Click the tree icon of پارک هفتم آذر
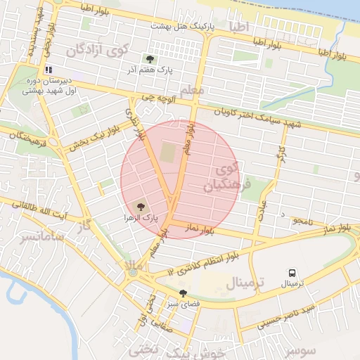(x=149, y=58)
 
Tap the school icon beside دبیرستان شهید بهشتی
(x=49, y=70)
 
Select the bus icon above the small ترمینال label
(x=291, y=273)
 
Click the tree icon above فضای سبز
(x=184, y=293)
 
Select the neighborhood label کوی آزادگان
(x=98, y=51)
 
